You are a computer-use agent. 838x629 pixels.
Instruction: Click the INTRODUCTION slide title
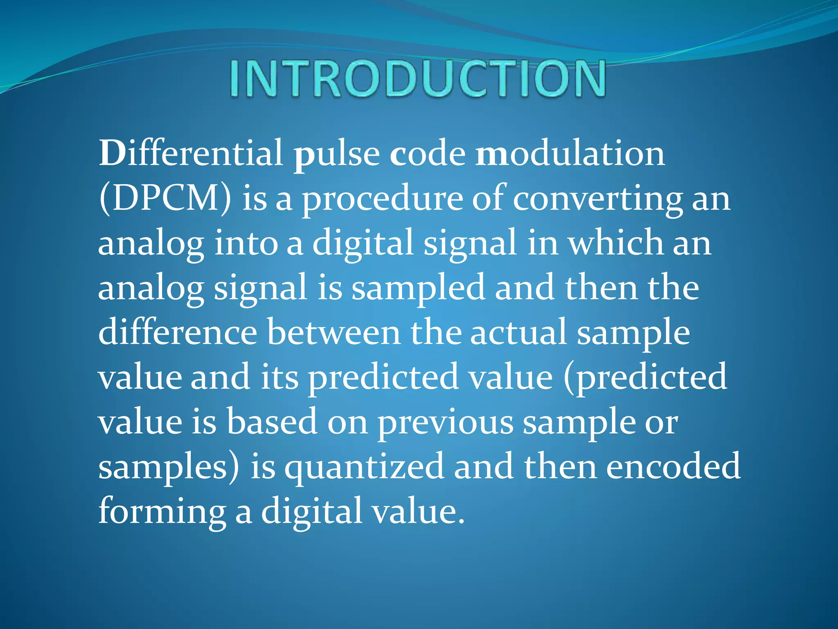coord(417,79)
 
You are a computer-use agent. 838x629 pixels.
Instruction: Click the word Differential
coord(191,153)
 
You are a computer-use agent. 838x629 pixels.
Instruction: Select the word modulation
coord(570,153)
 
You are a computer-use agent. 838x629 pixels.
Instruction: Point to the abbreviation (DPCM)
coord(165,198)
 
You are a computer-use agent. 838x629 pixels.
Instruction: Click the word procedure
coord(382,199)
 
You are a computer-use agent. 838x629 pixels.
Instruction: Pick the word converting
coord(597,199)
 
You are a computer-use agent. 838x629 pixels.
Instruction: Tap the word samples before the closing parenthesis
coord(163,467)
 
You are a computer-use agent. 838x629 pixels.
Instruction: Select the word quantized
coord(364,467)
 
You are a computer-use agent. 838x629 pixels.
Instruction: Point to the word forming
coord(162,512)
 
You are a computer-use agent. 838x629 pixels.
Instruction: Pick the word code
coord(428,153)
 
